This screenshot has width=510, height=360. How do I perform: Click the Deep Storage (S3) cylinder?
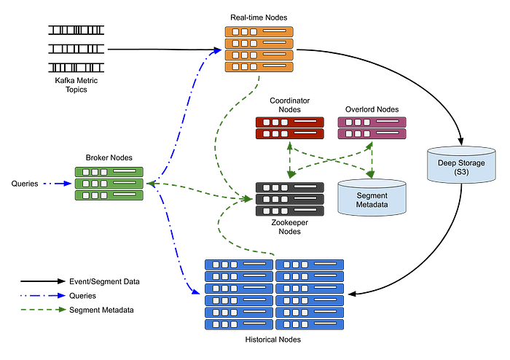click(x=461, y=165)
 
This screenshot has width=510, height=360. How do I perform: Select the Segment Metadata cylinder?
click(x=372, y=197)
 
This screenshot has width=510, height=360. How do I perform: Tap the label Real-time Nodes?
click(x=259, y=17)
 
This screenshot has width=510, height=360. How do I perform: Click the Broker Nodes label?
click(x=109, y=157)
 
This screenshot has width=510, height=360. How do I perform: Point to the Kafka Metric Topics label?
click(x=76, y=85)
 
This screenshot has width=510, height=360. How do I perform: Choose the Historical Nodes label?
click(x=273, y=340)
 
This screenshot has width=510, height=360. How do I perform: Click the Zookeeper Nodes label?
click(x=289, y=227)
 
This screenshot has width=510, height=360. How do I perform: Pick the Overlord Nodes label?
click(x=372, y=109)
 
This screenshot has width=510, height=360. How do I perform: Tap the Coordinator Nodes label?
click(x=289, y=105)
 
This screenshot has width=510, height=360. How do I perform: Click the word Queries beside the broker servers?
click(x=25, y=184)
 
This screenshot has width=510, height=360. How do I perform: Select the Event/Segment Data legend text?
click(x=104, y=281)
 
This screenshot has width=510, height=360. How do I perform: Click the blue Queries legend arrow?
click(x=43, y=296)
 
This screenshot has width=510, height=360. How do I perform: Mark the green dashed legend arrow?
click(x=43, y=310)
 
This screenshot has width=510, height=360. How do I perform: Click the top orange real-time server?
click(x=259, y=32)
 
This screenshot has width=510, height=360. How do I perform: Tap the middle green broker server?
click(x=109, y=184)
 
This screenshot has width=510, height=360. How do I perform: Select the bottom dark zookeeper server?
click(x=290, y=211)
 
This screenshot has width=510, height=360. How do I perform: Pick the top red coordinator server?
click(x=290, y=122)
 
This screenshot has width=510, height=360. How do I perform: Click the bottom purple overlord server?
click(x=372, y=133)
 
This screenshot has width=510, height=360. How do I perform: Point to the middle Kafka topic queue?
click(x=76, y=49)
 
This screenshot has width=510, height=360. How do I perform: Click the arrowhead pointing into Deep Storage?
click(x=460, y=141)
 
